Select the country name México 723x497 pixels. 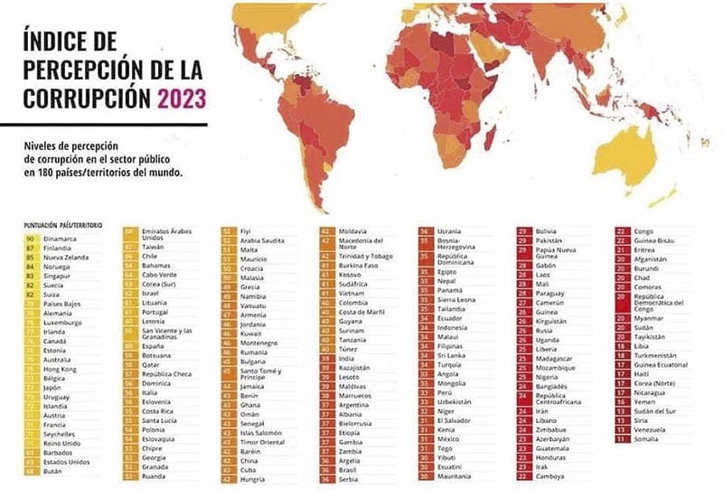coord(449,438)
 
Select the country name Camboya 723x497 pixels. coord(551,475)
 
